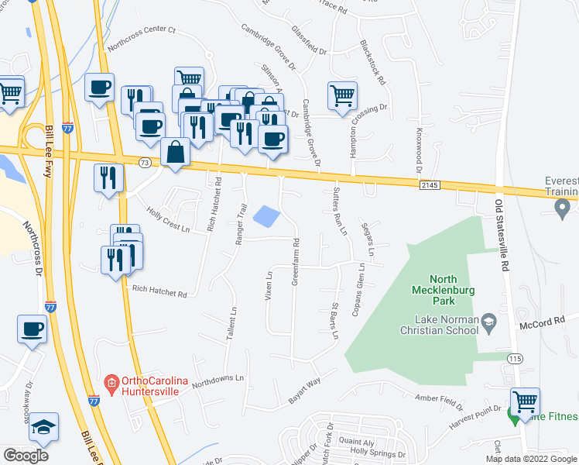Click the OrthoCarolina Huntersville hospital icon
(x=112, y=383)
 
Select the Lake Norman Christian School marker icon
(x=488, y=320)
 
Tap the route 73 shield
(x=145, y=162)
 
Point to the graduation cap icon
(x=43, y=425)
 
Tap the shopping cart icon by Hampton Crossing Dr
(x=342, y=96)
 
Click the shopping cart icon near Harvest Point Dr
(x=526, y=401)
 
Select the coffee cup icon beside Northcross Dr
(x=32, y=329)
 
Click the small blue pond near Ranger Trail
(x=266, y=216)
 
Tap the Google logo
(x=26, y=456)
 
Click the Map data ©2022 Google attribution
(x=531, y=458)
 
